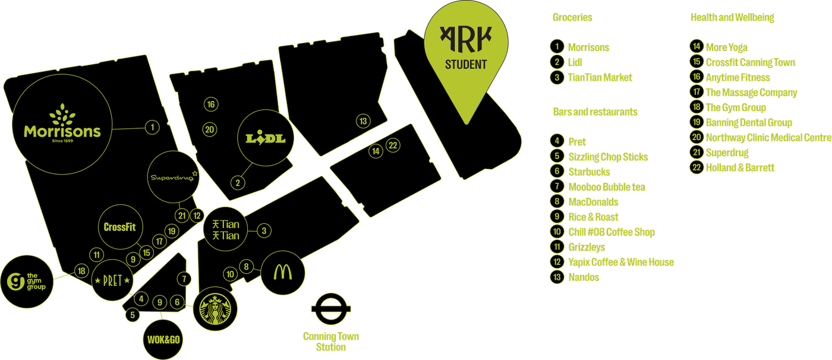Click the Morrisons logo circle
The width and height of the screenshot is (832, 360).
(x=62, y=129)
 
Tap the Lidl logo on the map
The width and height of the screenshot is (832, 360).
(x=266, y=138)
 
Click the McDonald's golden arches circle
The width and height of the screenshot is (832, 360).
(x=283, y=273)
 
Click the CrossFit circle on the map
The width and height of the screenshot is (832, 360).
(x=119, y=227)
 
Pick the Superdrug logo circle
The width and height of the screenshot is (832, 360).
(x=171, y=176)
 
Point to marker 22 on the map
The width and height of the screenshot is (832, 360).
(x=392, y=145)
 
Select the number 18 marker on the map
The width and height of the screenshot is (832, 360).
(x=82, y=271)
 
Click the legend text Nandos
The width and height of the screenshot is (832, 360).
(x=584, y=277)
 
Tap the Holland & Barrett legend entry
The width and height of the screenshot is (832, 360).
(x=740, y=168)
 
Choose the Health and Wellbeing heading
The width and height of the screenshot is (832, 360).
(x=732, y=18)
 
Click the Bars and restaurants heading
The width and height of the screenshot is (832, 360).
(x=595, y=112)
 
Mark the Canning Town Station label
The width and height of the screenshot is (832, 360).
(x=330, y=342)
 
